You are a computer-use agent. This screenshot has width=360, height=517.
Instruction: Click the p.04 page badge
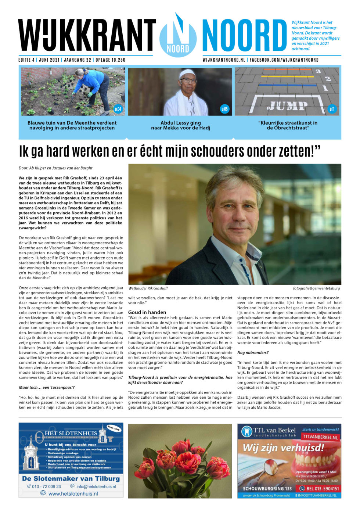point(118,109)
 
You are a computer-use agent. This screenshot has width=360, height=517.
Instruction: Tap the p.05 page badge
point(224,109)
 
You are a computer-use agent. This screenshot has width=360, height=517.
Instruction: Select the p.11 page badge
point(332,109)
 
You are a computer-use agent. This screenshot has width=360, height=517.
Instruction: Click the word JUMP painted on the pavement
point(287,106)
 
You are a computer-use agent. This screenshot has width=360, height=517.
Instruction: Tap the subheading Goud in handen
point(147,312)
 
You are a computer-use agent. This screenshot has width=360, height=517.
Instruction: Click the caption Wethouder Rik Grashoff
point(148,288)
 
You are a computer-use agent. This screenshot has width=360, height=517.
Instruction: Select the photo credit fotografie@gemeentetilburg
point(316,288)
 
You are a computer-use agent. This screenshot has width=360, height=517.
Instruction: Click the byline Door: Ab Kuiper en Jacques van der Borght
point(55,168)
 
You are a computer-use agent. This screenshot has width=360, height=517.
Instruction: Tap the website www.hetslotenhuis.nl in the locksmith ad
point(73,493)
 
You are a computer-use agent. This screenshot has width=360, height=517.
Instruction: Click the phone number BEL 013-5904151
point(319,488)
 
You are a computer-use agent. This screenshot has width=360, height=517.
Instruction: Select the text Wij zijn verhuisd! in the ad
point(283,448)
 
